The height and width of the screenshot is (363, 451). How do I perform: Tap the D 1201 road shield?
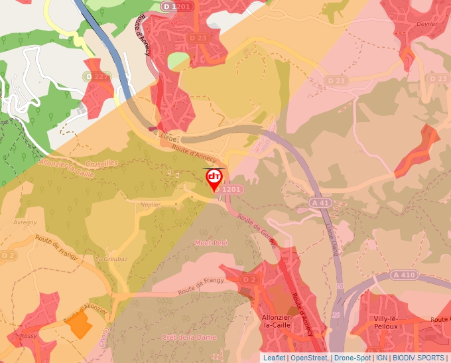(176, 6)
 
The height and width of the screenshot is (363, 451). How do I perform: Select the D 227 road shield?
(97, 77)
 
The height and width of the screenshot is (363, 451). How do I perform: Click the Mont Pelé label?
(211, 244)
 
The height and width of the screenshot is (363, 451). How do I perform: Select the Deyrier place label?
(426, 24)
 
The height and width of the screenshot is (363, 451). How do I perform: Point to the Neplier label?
(151, 205)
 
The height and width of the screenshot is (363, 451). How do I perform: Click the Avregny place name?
(25, 222)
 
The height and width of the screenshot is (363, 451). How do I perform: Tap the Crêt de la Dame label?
(189, 338)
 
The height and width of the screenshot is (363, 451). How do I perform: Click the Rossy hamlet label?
(29, 336)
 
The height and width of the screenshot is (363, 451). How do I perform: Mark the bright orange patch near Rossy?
(80, 325)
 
